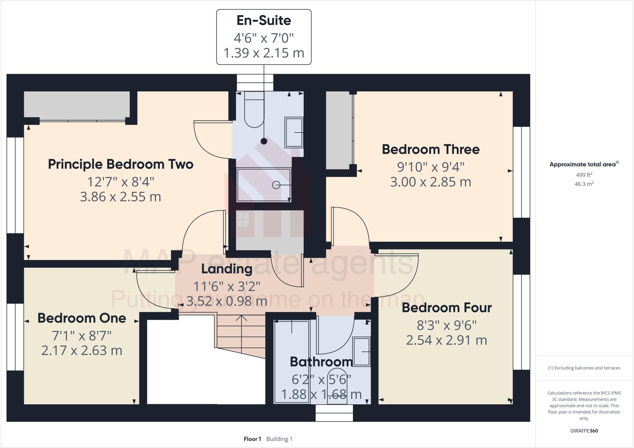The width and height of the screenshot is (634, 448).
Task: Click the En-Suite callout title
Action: point(264,20)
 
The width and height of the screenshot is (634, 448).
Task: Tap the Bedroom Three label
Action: point(431,149)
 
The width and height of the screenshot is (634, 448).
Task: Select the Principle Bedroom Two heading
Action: point(120,164)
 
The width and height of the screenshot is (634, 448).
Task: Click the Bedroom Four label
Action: point(446,308)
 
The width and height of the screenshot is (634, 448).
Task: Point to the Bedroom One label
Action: point(82,318)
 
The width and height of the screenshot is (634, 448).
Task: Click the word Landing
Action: point(227,269)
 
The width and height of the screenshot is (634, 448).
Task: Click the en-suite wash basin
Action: point(294,132)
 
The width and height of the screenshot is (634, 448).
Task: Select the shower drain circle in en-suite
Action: point(276,185)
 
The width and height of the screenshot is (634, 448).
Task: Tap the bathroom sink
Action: point(362,352)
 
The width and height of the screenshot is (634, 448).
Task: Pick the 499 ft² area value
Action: point(584,175)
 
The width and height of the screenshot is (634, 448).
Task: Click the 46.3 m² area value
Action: point(584,184)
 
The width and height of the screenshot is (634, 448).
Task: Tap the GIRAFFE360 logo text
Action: point(584,431)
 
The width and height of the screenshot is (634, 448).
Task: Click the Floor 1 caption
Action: point(252,439)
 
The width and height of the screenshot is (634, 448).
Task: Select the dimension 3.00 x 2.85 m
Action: point(431,182)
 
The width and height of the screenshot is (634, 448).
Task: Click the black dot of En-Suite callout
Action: point(264,141)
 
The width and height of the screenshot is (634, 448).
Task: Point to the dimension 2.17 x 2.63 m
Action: point(82,350)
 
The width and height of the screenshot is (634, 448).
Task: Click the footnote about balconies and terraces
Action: point(584,368)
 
